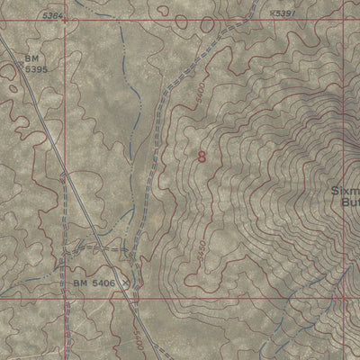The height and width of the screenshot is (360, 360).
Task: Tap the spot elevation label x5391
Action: [x=282, y=14]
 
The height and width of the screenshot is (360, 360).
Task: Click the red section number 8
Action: [x=201, y=157]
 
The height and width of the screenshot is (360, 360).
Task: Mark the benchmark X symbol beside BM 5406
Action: [x=125, y=283]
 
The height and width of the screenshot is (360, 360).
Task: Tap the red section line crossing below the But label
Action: [x=345, y=296]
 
